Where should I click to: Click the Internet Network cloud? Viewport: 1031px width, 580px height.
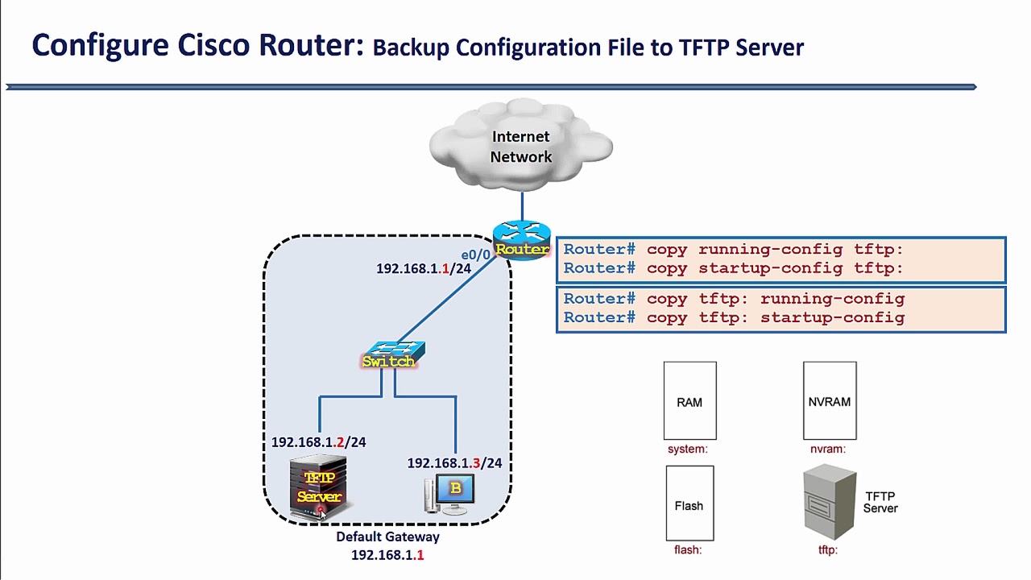[520, 146]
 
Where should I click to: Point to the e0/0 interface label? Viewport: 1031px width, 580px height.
[475, 255]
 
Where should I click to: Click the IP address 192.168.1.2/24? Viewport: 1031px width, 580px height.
[318, 442]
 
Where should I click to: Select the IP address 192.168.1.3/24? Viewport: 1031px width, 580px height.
[454, 463]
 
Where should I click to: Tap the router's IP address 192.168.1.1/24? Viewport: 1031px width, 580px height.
[423, 269]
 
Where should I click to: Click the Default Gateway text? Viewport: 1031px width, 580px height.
[387, 536]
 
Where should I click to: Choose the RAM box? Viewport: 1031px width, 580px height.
[689, 401]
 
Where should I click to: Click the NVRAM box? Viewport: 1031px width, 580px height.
[829, 401]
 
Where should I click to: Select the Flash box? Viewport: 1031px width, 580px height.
[689, 504]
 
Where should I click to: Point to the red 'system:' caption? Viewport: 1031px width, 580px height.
[687, 449]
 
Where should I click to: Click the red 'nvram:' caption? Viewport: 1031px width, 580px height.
[828, 449]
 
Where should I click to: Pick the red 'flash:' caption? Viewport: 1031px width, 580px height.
[688, 550]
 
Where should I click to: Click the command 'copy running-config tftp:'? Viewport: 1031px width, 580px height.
[775, 250]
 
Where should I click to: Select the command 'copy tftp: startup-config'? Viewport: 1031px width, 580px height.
[776, 317]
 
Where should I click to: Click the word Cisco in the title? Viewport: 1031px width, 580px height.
[214, 45]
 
